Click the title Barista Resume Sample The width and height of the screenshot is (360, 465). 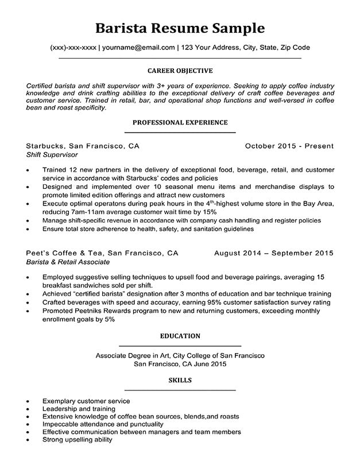tap(180, 28)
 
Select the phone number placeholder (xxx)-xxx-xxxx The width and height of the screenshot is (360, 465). tap(72, 48)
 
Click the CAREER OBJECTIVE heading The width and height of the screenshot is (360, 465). tap(180, 71)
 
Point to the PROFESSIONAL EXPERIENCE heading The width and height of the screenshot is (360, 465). tap(180, 122)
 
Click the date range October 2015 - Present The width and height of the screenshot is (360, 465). tap(289, 146)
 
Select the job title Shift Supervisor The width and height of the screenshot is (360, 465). tap(52, 155)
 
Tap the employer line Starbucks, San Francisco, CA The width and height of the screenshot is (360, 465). tap(83, 146)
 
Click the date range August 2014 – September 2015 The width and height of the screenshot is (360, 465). tap(273, 253)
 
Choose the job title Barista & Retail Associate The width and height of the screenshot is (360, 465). tap(68, 262)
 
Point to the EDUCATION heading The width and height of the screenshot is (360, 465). tap(180, 336)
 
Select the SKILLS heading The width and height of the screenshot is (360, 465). tap(180, 380)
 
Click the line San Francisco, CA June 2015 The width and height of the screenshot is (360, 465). tap(180, 364)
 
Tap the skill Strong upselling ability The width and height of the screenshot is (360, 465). tap(77, 440)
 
